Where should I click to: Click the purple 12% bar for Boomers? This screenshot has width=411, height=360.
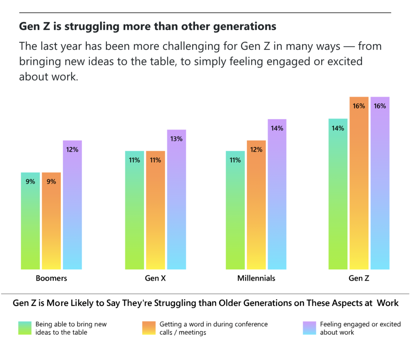click(x=72, y=204)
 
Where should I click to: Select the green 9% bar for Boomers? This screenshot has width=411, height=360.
click(x=31, y=220)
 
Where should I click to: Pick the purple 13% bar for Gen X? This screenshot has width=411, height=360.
click(x=177, y=199)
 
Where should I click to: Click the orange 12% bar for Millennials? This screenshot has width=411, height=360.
click(x=256, y=204)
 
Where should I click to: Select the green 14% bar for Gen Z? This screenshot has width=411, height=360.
click(x=338, y=194)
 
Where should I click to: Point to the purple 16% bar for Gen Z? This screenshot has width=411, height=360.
click(x=380, y=183)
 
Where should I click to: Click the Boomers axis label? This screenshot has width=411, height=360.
click(x=51, y=278)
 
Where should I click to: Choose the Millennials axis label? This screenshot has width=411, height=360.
click(x=256, y=278)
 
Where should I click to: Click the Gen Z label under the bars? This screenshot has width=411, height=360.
click(x=359, y=278)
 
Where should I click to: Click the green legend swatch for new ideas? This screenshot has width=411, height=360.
click(x=24, y=328)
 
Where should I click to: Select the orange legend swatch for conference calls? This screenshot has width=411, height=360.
click(x=149, y=328)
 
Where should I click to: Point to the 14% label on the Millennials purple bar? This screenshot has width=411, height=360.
click(x=277, y=129)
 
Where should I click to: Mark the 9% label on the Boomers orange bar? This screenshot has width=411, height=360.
click(x=51, y=182)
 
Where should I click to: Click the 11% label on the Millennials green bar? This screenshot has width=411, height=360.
click(x=236, y=160)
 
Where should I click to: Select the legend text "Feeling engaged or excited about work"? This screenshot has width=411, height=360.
click(x=360, y=328)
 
